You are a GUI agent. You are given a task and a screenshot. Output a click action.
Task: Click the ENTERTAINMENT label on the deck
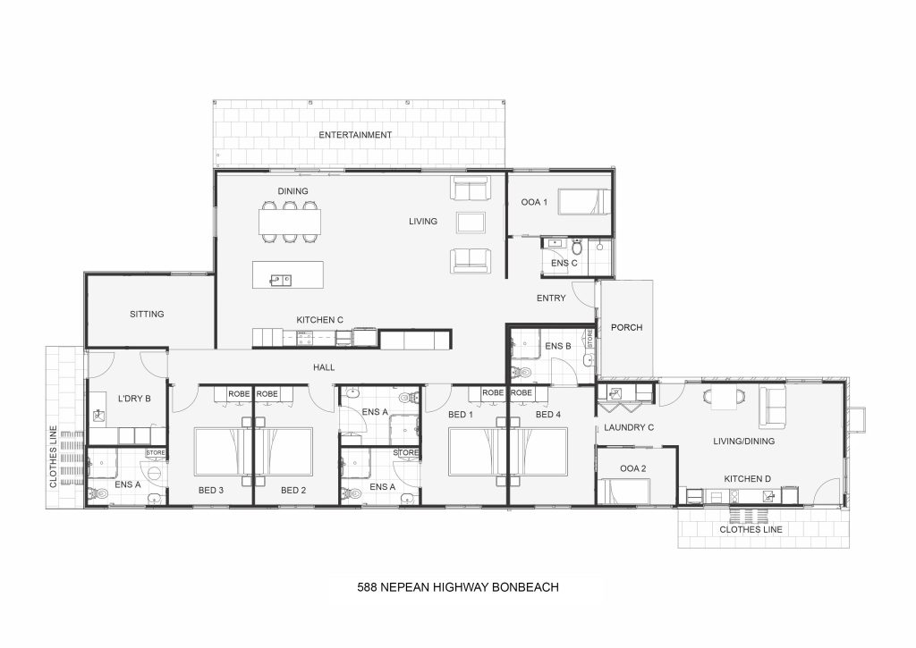(x=355, y=135)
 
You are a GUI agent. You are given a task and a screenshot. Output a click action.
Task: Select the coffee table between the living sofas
(x=471, y=223)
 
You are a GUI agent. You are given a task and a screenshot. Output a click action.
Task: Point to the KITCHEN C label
(x=320, y=319)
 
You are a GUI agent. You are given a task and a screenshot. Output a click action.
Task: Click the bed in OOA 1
(x=582, y=203)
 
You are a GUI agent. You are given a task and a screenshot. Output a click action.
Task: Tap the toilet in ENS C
(x=577, y=246)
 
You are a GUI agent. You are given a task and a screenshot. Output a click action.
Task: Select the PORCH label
(x=626, y=327)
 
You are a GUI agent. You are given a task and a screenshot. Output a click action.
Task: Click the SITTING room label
(x=147, y=314)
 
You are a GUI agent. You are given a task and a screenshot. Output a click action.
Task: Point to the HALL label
(x=324, y=366)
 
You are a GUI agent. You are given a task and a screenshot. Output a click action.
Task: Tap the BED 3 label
(x=211, y=490)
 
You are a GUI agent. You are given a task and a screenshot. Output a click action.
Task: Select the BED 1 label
(x=460, y=415)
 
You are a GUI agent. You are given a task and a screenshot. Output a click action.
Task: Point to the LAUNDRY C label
(x=630, y=428)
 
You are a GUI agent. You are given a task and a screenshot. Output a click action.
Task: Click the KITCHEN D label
(x=749, y=479)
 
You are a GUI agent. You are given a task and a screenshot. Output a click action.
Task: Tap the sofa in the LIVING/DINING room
(x=773, y=408)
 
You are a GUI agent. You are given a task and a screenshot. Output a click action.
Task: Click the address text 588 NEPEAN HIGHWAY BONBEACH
(x=457, y=587)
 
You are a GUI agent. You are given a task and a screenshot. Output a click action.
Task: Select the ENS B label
(x=557, y=346)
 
